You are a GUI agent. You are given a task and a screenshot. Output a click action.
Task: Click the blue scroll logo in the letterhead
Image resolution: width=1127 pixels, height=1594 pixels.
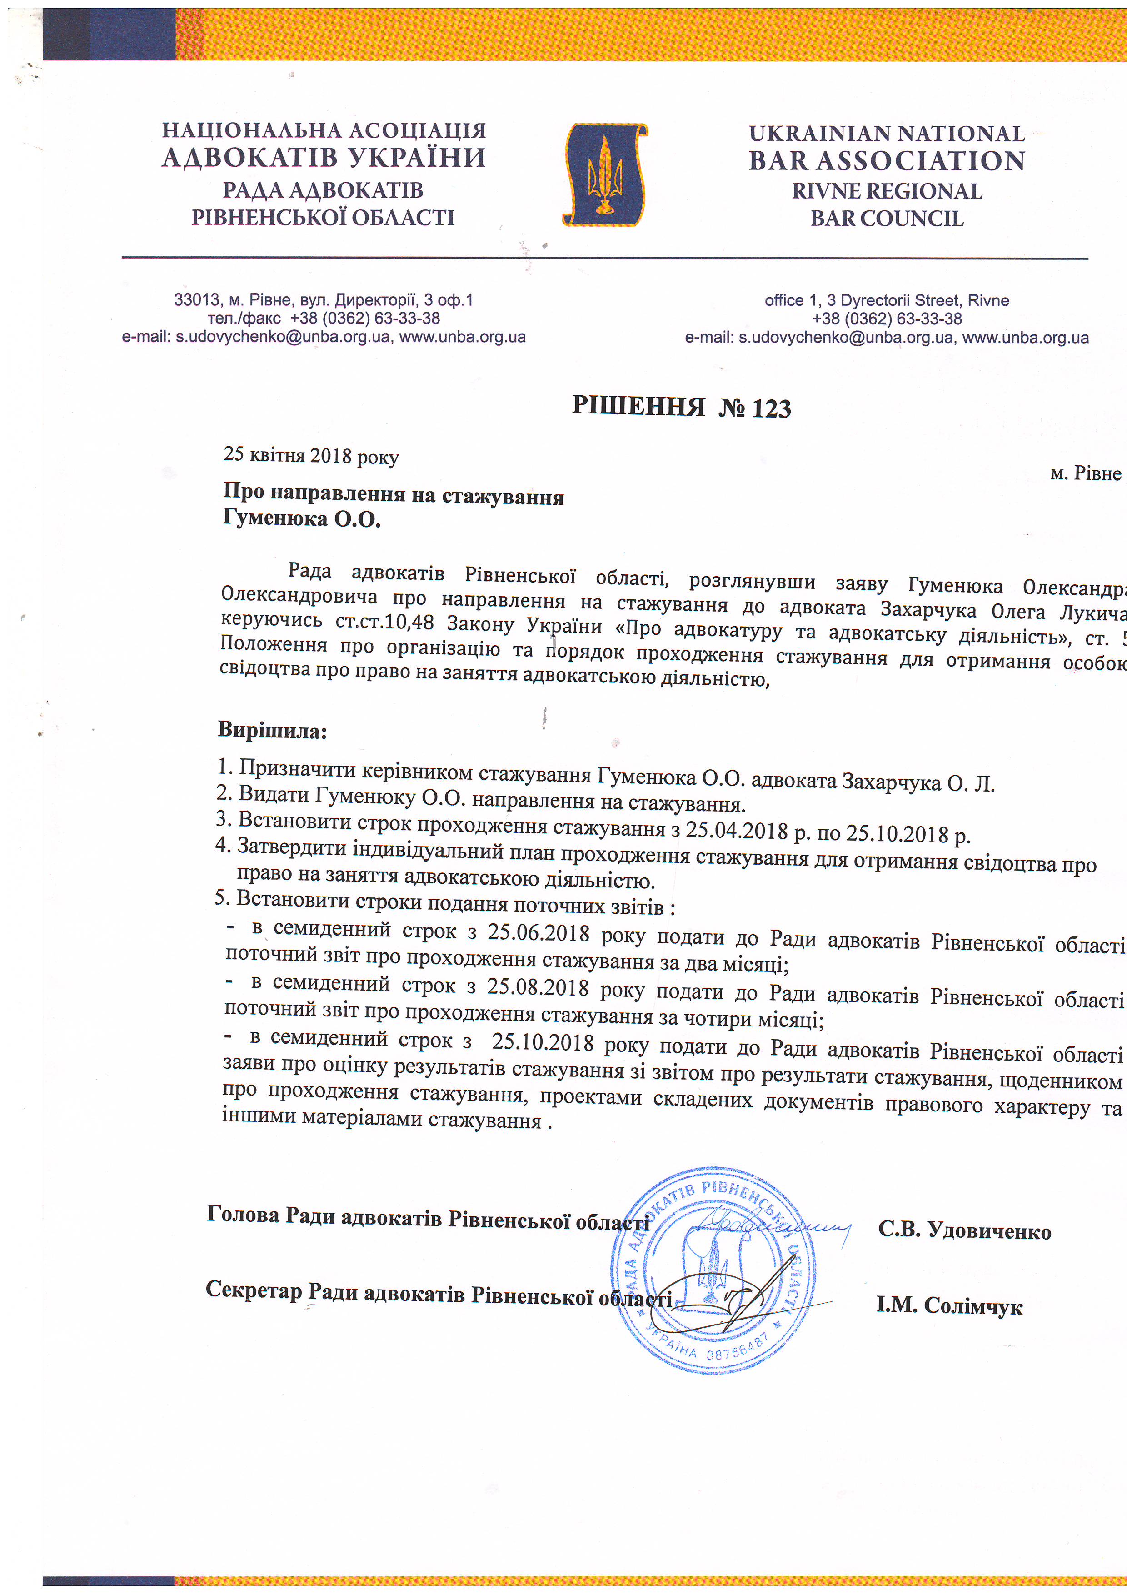[604, 175]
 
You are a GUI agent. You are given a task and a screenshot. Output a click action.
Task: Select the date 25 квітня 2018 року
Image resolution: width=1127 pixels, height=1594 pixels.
[310, 455]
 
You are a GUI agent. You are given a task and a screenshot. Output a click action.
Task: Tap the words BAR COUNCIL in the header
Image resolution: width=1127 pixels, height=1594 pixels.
[887, 219]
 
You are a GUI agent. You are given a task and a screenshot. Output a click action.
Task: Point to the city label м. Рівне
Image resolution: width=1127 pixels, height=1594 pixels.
[1085, 473]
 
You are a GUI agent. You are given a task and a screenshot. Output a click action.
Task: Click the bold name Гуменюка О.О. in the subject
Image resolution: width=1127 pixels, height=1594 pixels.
[301, 518]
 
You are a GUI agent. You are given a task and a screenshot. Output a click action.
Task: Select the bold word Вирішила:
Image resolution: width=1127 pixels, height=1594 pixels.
[272, 730]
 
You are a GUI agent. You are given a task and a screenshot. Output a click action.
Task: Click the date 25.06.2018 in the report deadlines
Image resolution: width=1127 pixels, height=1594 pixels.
[538, 932]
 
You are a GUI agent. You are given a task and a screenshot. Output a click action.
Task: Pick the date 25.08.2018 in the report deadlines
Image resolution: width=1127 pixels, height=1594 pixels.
[538, 987]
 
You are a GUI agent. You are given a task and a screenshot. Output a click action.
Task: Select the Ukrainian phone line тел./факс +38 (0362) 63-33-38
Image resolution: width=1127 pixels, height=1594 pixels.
[324, 319]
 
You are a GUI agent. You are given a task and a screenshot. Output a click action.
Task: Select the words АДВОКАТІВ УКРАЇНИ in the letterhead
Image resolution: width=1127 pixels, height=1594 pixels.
[324, 158]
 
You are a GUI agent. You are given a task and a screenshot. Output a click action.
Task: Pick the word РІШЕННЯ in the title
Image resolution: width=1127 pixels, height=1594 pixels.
[638, 405]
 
